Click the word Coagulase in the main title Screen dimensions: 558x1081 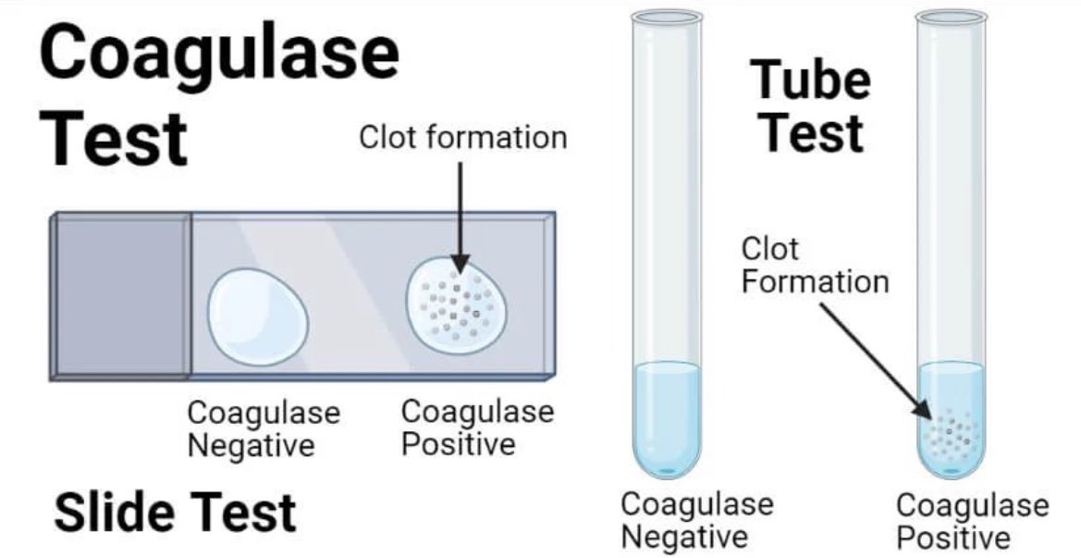[x=220, y=54]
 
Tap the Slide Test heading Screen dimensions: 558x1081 [x=175, y=511]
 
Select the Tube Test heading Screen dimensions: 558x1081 [x=810, y=106]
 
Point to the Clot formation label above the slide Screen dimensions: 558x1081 [x=462, y=138]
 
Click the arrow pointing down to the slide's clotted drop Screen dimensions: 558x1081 [x=461, y=213]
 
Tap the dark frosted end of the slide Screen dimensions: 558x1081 [x=121, y=296]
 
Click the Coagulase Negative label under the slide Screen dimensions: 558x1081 [x=264, y=428]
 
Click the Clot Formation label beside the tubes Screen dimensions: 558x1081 [x=814, y=265]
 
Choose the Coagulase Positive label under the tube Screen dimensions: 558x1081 [x=972, y=520]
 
